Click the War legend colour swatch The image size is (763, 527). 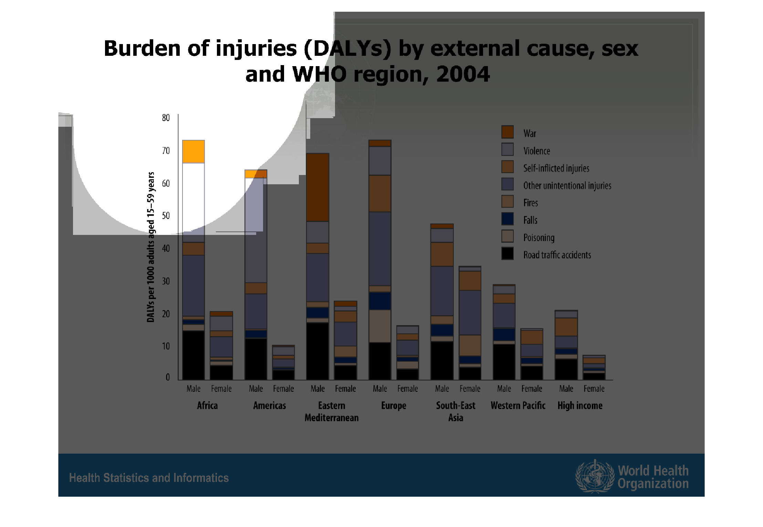point(507,132)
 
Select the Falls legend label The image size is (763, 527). point(530,220)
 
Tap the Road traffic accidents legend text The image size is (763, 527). point(557,255)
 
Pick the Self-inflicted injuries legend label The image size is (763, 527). point(556,168)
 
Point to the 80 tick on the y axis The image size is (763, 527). point(166,118)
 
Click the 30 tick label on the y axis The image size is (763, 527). point(166,281)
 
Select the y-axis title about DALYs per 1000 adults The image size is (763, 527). point(151,247)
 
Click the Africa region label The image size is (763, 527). point(207,405)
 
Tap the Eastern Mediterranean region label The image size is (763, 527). point(332,412)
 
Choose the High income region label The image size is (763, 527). point(580,405)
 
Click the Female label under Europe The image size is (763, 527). point(408,389)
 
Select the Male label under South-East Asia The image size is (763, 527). point(442,389)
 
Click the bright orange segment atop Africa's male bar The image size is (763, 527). point(194,152)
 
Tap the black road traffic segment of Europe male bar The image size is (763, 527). point(380,361)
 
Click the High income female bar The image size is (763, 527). point(594,368)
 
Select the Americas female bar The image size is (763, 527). point(283,362)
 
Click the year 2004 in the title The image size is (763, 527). point(463,74)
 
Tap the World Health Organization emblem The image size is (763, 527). point(595,476)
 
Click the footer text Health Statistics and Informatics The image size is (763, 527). point(149,478)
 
